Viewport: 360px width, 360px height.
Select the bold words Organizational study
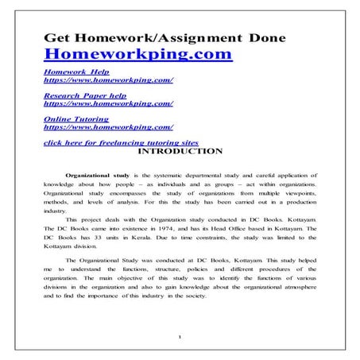(x=99, y=172)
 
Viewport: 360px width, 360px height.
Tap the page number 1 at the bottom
(x=181, y=337)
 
